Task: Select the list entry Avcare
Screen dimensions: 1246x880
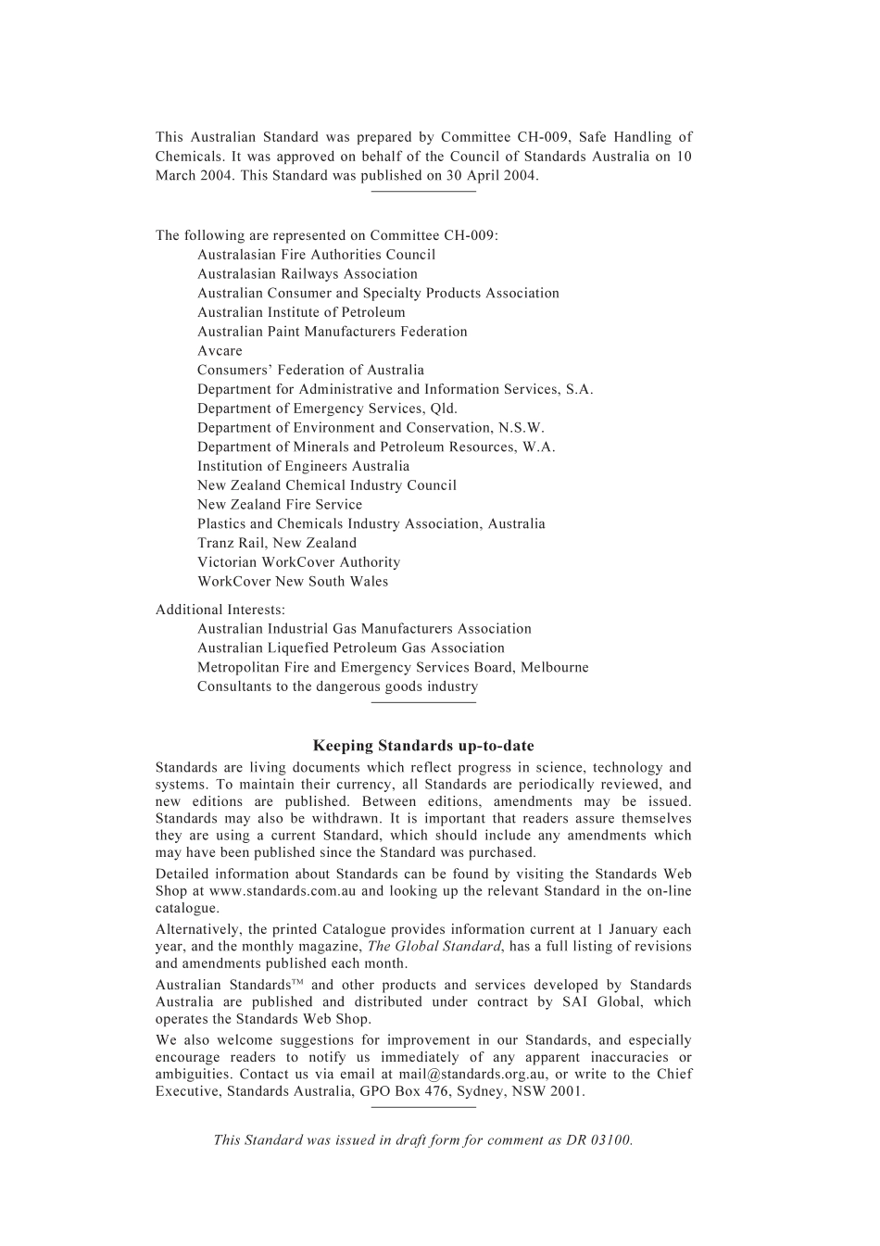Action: tap(220, 351)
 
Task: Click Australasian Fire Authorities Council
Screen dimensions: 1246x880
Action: tap(316, 255)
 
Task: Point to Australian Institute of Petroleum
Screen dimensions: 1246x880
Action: tap(301, 312)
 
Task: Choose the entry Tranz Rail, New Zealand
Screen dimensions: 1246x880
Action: tap(276, 543)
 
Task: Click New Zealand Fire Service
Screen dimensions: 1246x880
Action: tap(280, 505)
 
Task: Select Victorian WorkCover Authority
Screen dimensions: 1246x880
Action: tap(298, 562)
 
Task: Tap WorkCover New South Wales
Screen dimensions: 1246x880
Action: tap(293, 582)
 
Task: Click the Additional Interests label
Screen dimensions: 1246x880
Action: tap(220, 610)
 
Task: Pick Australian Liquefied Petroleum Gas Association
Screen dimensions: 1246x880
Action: tap(351, 648)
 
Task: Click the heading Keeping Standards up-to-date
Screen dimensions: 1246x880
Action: tap(423, 746)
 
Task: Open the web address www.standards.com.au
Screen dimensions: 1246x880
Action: tap(283, 891)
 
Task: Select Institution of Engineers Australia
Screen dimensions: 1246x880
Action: tap(303, 466)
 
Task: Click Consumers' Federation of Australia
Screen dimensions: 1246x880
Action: tap(310, 371)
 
